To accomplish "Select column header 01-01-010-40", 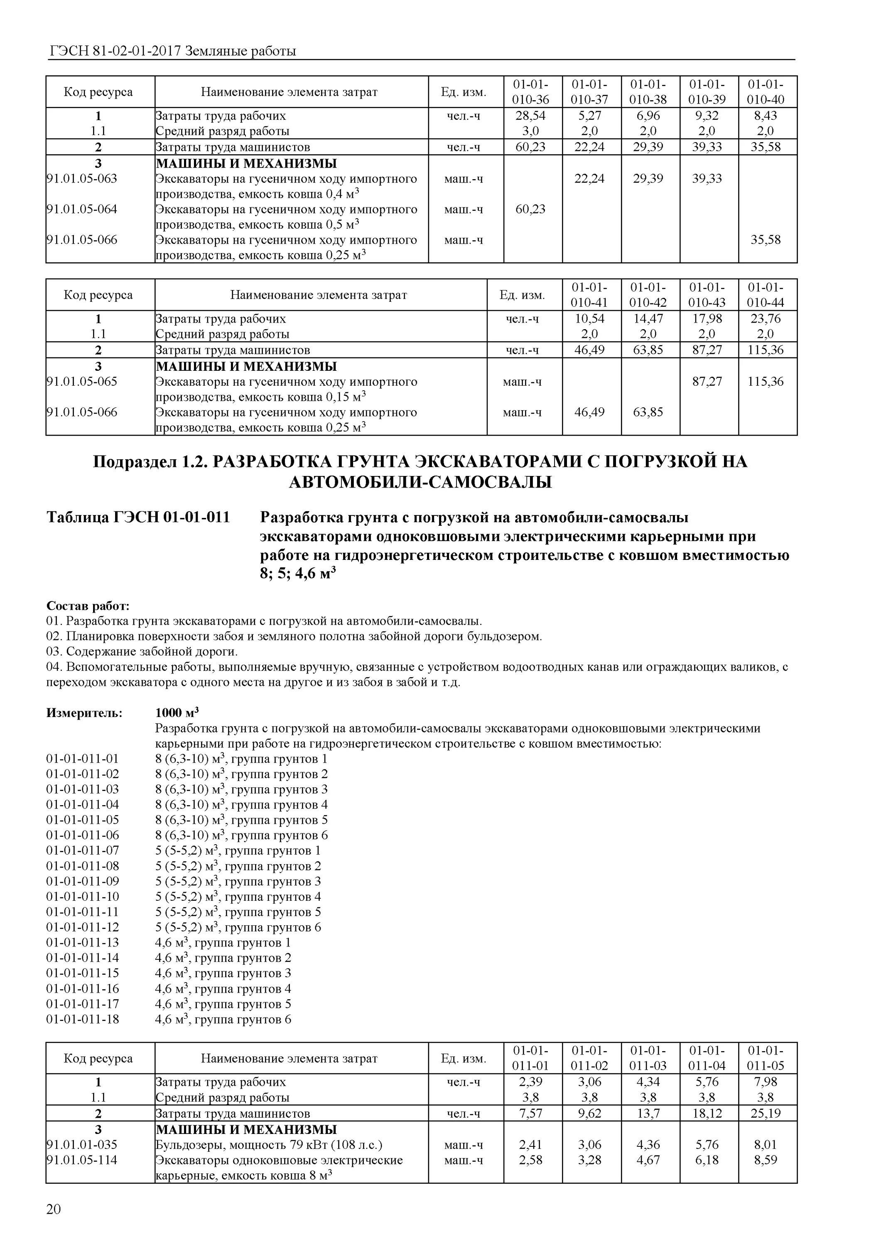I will point(766,92).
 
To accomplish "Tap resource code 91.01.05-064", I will point(82,209).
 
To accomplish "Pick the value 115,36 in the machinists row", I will point(766,350).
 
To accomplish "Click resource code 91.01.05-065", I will point(82,381).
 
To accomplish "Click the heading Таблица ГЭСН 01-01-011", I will point(138,517).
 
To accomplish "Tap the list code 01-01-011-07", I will point(83,850).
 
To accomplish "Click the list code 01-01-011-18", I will point(83,1020).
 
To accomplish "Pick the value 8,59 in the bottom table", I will point(766,1160).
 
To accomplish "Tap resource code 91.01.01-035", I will point(82,1145).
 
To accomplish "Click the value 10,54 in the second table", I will point(589,318).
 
